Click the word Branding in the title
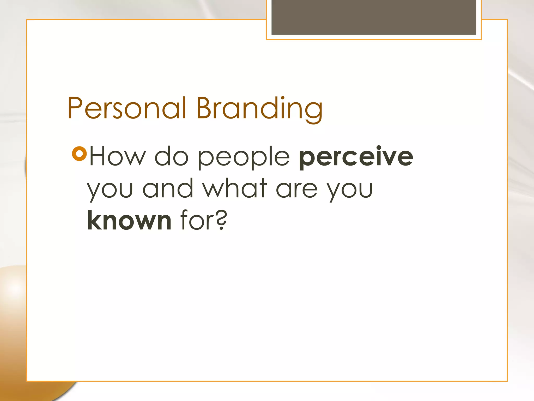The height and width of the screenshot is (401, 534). click(x=259, y=108)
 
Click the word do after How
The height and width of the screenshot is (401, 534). click(x=171, y=157)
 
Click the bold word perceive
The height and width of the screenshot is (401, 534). click(x=356, y=157)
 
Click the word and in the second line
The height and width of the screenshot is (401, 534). click(x=168, y=188)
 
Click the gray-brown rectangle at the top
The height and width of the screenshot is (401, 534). click(x=374, y=17)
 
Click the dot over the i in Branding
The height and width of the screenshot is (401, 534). click(x=283, y=98)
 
